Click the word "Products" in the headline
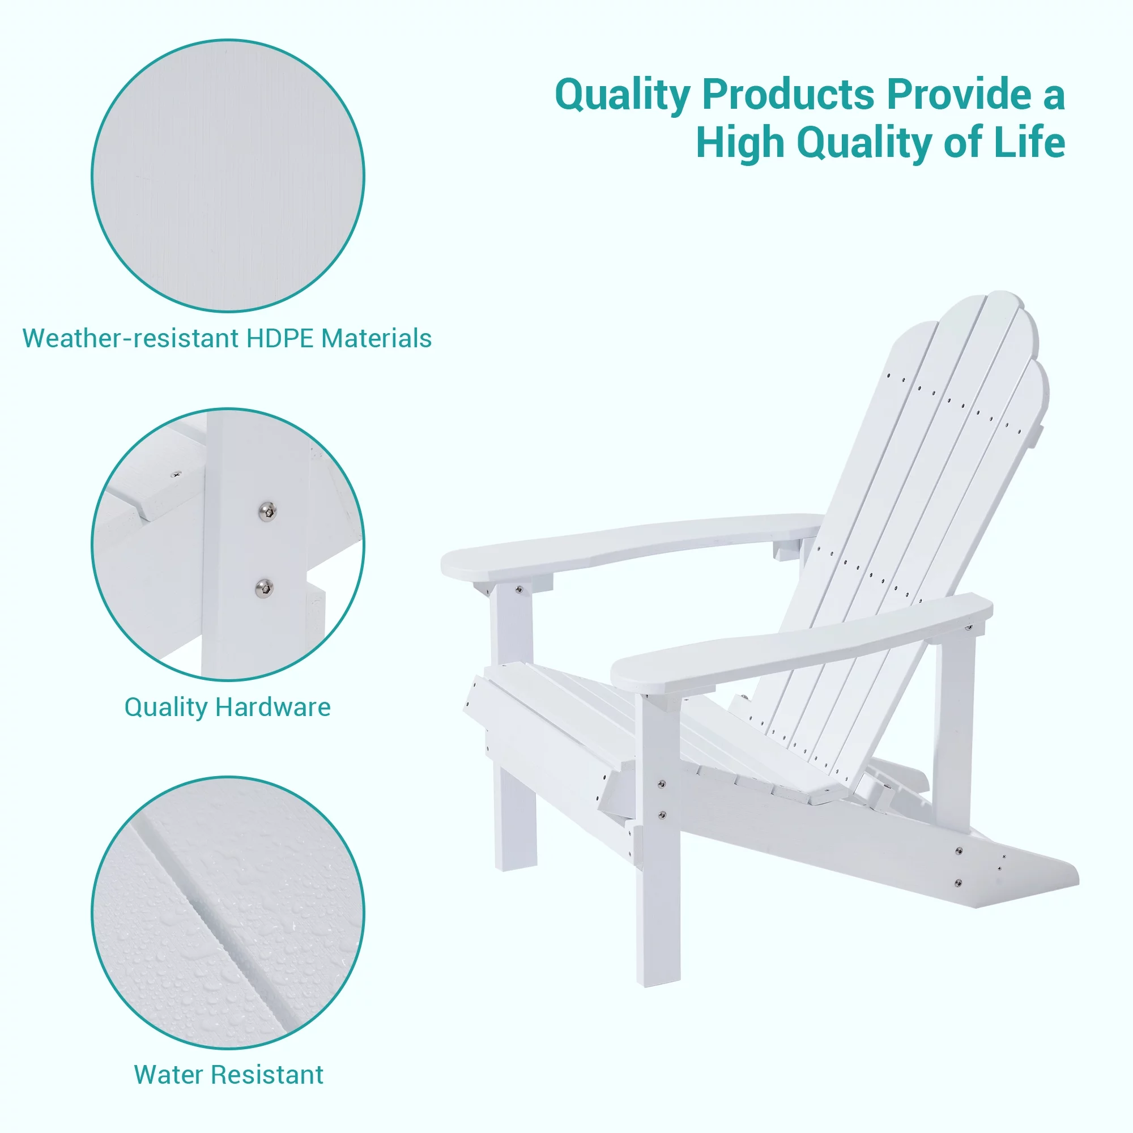(x=787, y=94)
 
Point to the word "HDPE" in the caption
(x=280, y=338)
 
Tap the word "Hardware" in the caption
(x=272, y=707)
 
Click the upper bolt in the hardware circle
(x=267, y=511)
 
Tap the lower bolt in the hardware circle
(x=265, y=587)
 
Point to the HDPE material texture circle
(x=228, y=176)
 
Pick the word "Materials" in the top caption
(x=377, y=338)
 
